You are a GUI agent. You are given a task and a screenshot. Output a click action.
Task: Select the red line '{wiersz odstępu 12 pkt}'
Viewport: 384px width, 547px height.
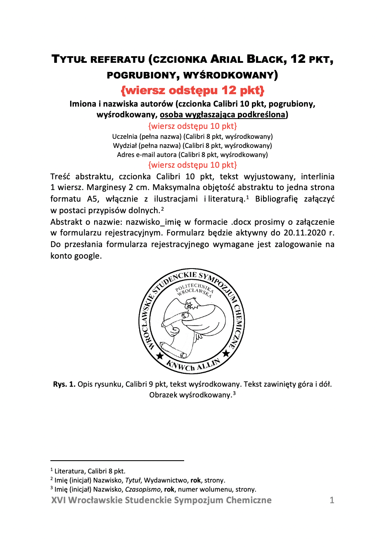coord(192,90)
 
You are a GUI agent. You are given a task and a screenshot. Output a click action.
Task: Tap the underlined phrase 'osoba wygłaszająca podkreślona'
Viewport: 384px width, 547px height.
coord(223,114)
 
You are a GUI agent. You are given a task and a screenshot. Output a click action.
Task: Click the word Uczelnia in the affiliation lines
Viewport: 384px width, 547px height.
coord(125,136)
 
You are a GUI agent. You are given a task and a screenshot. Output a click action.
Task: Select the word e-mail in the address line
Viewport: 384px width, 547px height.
coord(147,155)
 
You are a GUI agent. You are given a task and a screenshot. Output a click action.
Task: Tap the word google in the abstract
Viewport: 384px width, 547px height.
coord(87,256)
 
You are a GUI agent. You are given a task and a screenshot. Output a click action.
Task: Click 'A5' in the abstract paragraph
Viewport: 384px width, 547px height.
coord(92,199)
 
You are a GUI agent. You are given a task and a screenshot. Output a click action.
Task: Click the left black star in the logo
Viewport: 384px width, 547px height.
coord(160,356)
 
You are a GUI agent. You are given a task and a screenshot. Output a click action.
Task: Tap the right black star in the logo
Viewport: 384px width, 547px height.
coord(226,353)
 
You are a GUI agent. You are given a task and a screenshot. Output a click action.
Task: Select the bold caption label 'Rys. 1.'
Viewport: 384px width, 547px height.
coord(64,384)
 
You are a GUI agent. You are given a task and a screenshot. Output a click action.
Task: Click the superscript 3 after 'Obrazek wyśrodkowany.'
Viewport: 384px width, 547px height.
coord(234,393)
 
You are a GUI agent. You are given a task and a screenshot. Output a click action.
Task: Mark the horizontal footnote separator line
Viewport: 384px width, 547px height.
coord(117,460)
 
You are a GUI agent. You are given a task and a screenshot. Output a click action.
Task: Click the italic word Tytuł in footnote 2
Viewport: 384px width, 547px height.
coord(133,480)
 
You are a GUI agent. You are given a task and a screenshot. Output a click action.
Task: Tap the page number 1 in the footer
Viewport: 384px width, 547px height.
coord(332,500)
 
